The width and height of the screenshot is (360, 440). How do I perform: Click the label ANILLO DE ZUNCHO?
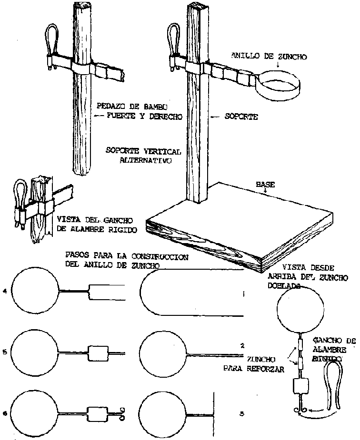pyautogui.click(x=269, y=56)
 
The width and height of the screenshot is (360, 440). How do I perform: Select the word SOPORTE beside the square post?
pyautogui.click(x=241, y=116)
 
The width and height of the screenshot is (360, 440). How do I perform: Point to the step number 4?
pyautogui.click(x=4, y=291)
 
